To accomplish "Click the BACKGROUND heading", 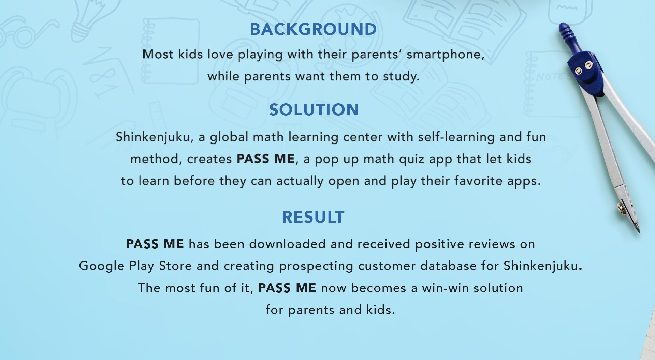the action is point(314,29).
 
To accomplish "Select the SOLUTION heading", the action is point(314,110).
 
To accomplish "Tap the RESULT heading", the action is point(313,217).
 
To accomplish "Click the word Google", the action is point(102,266).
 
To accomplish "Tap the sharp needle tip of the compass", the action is point(639,233).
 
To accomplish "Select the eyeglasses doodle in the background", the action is point(27,31).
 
